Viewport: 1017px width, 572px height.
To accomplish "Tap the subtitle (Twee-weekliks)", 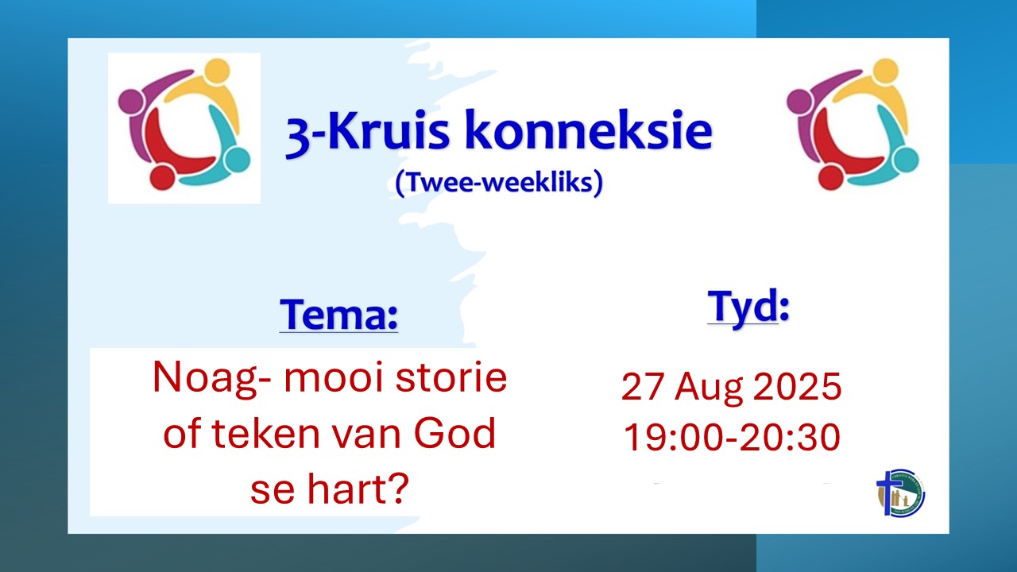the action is tap(499, 183).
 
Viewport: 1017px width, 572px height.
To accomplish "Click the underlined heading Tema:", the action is tap(338, 315).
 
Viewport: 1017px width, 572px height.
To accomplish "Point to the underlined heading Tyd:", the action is tap(748, 307).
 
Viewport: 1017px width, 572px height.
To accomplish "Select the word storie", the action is tap(451, 377).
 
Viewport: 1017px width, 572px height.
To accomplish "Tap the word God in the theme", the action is tap(454, 434).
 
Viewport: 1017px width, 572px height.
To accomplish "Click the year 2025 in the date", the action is tap(797, 386).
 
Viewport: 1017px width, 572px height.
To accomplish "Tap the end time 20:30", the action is tap(790, 437).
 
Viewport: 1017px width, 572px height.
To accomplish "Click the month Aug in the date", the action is tap(709, 388).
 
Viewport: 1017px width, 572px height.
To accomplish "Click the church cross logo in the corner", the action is tap(901, 493).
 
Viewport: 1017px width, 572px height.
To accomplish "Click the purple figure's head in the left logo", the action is tap(131, 102).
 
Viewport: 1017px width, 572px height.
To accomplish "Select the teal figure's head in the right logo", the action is tap(906, 160).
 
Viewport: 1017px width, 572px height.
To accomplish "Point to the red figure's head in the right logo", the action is tap(831, 177).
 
